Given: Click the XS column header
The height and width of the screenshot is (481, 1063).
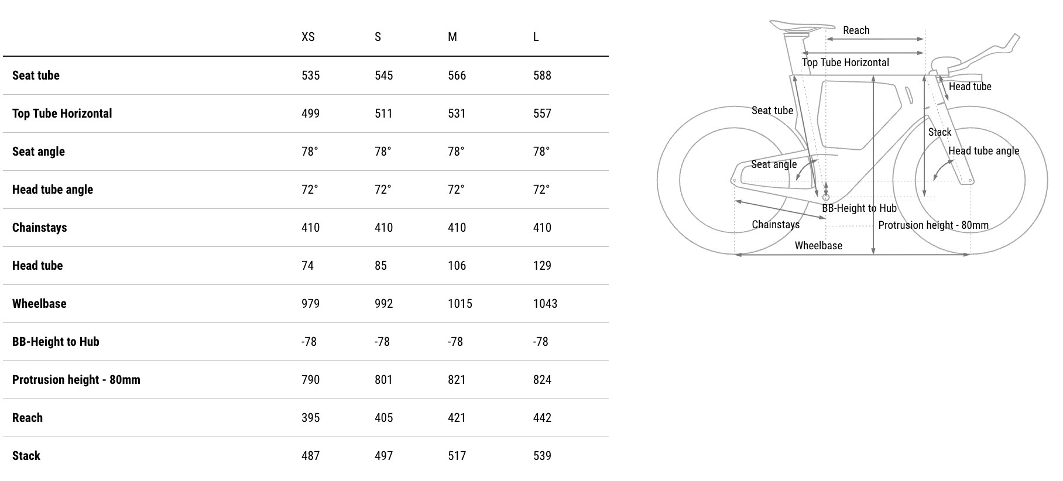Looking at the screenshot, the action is coord(308,37).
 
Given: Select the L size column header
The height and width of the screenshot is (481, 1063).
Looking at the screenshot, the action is coord(536,37).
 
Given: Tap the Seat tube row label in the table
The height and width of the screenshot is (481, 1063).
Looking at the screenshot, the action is coord(36,75).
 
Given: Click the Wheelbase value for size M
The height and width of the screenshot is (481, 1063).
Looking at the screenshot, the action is coord(460,304).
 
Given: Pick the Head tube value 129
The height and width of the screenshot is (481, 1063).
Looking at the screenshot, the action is coord(542,266).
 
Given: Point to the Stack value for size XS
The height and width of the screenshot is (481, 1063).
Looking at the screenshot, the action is coord(310,456).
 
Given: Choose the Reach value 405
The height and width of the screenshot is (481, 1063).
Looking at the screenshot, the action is coord(383,418).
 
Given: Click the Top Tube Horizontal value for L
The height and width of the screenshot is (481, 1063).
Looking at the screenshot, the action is coord(542,114).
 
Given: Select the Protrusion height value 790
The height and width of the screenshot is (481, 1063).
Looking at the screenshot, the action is coord(310,380).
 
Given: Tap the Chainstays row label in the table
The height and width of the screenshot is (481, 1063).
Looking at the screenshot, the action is coord(39,228).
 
